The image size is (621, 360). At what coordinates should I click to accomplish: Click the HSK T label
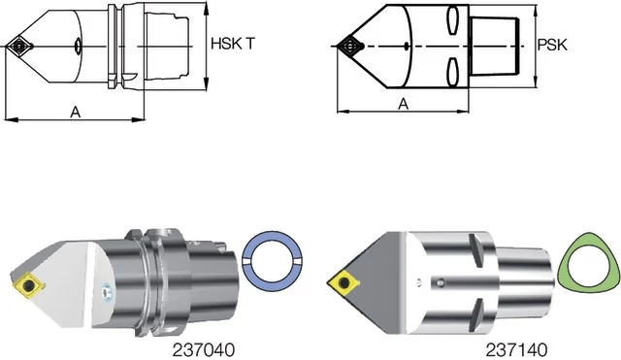[x=233, y=44]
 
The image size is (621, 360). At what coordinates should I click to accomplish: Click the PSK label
[x=552, y=45]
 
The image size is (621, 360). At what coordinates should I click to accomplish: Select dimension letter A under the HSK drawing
[x=76, y=113]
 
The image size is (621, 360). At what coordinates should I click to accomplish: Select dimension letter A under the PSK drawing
[x=404, y=104]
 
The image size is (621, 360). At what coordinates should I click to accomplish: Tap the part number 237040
[x=204, y=349]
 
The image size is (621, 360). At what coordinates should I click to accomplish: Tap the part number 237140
[x=516, y=349]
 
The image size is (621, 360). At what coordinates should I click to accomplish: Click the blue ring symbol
[x=272, y=261]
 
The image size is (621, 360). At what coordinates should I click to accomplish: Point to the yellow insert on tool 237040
[x=28, y=284]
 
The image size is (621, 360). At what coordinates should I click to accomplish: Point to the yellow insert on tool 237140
[x=343, y=282]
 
